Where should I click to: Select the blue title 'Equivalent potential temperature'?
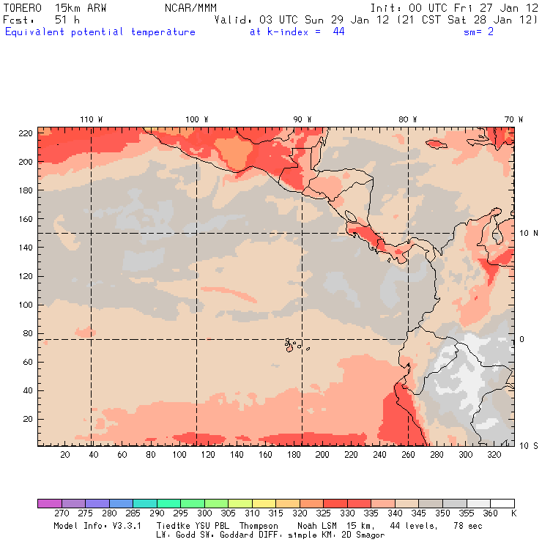(x=100, y=31)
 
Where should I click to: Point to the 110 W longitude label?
(x=91, y=119)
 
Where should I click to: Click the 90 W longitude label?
(x=302, y=119)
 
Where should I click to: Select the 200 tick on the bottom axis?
(x=322, y=455)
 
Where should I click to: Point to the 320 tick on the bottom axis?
(x=494, y=455)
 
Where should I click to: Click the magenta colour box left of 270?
(x=49, y=503)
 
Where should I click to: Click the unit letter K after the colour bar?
(x=513, y=513)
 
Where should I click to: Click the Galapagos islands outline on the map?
(x=292, y=344)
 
